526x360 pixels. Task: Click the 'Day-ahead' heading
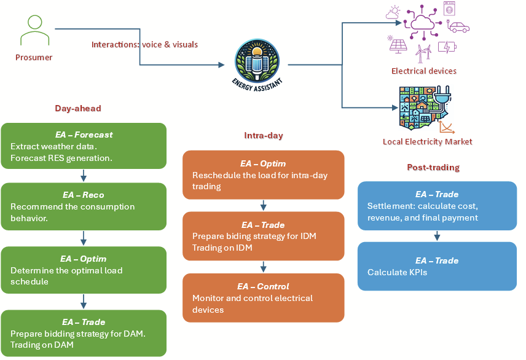click(x=77, y=108)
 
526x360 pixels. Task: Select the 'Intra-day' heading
click(x=264, y=135)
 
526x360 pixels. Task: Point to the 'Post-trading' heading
click(x=433, y=167)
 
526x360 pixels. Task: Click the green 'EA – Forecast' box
click(x=84, y=146)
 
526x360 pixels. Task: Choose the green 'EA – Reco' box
click(x=84, y=206)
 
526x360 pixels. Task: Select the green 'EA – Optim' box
click(x=84, y=270)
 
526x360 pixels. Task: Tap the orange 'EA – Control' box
click(x=263, y=298)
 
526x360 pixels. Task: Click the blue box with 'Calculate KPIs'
click(x=437, y=266)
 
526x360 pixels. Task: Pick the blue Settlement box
click(x=437, y=206)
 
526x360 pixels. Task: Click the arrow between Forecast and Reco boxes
click(x=84, y=176)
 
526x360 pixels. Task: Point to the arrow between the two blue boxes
click(x=437, y=236)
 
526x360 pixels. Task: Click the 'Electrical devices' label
click(x=424, y=71)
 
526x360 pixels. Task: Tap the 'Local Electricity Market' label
click(x=428, y=142)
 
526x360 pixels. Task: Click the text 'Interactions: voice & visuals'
click(x=144, y=45)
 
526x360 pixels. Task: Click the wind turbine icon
click(x=422, y=52)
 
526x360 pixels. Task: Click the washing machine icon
click(x=449, y=9)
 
